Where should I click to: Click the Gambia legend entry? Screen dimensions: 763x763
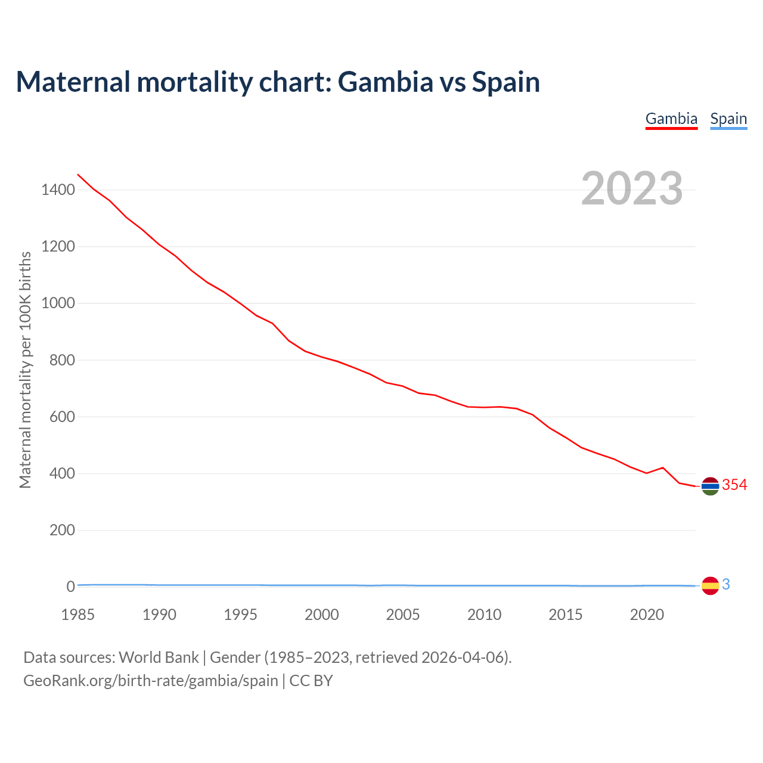pyautogui.click(x=671, y=119)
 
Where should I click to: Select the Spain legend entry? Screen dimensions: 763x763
pyautogui.click(x=728, y=119)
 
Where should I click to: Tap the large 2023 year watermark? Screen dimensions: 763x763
pyautogui.click(x=632, y=188)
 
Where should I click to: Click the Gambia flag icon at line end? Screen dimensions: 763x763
pyautogui.click(x=710, y=486)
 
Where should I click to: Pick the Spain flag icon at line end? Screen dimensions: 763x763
pyautogui.click(x=710, y=586)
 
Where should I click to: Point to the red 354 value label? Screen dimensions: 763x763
pyautogui.click(x=734, y=485)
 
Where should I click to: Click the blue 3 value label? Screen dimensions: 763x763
pyautogui.click(x=726, y=585)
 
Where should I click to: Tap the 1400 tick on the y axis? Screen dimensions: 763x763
pyautogui.click(x=58, y=190)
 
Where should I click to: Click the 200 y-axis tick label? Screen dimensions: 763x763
pyautogui.click(x=61, y=530)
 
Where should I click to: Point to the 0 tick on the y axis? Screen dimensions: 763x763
pyautogui.click(x=70, y=587)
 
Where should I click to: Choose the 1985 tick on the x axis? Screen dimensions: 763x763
pyautogui.click(x=78, y=615)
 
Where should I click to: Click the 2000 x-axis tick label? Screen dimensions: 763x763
pyautogui.click(x=322, y=615)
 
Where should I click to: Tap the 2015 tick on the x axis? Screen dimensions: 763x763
pyautogui.click(x=566, y=615)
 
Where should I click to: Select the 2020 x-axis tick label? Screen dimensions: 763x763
pyautogui.click(x=647, y=615)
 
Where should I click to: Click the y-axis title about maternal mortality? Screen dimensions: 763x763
pyautogui.click(x=25, y=370)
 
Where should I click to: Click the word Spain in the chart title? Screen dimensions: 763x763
pyautogui.click(x=506, y=82)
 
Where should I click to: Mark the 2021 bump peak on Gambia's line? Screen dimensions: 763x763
pyautogui.click(x=663, y=467)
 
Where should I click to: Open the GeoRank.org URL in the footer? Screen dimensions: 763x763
pyautogui.click(x=151, y=681)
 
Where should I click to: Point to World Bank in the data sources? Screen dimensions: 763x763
pyautogui.click(x=159, y=657)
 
